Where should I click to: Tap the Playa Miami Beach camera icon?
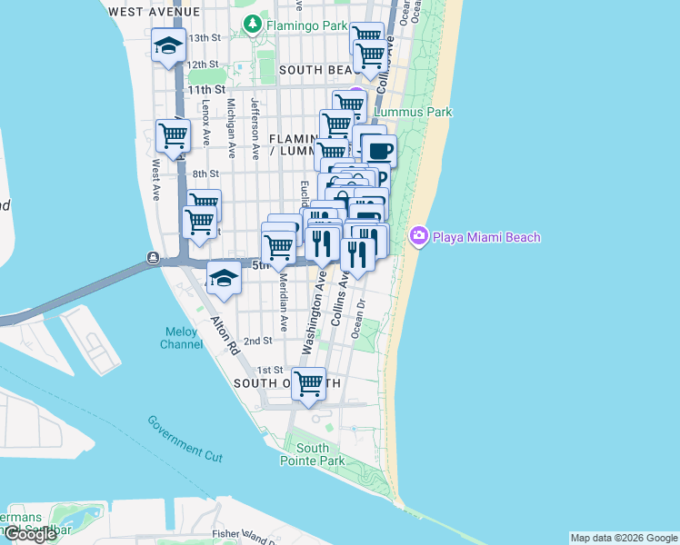pos(419,237)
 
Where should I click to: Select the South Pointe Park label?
pos(312,454)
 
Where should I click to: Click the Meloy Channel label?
pos(182,338)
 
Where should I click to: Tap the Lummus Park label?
pos(414,113)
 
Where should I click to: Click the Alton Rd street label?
pos(224,336)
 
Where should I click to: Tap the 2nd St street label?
pos(258,341)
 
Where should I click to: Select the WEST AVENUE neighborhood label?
pos(153,12)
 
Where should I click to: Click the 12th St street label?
pos(203,64)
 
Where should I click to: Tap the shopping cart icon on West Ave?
pos(173,137)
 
